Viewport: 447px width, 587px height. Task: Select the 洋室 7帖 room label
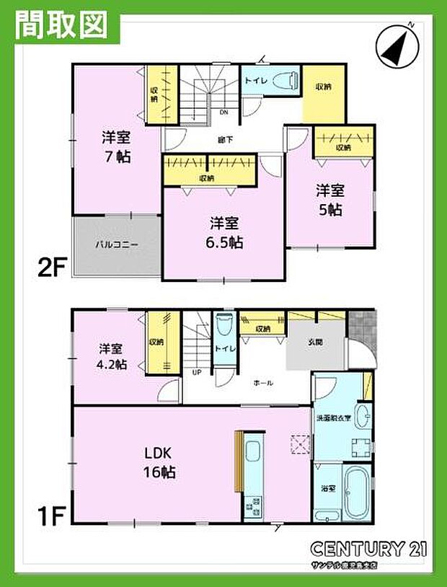(x=115, y=146)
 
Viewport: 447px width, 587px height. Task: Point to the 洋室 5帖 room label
(x=329, y=200)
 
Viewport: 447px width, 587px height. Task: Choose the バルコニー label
(x=116, y=244)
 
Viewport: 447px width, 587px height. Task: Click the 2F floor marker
(x=52, y=268)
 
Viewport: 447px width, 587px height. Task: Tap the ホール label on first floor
(x=263, y=383)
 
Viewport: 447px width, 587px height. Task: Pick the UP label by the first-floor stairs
(x=195, y=373)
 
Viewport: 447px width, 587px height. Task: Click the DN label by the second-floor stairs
(x=223, y=112)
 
